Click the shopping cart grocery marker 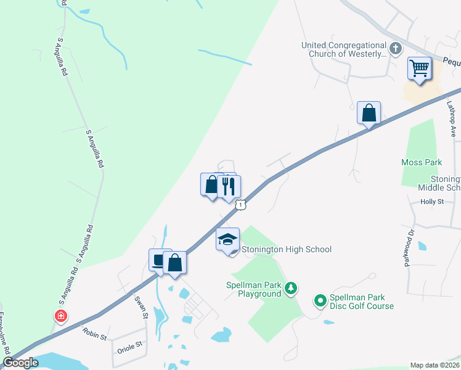click(x=420, y=68)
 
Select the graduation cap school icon click(x=227, y=239)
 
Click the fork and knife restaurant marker click(x=229, y=187)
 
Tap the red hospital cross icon click(x=61, y=317)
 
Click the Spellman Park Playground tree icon click(x=292, y=288)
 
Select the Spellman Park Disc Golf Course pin click(x=320, y=301)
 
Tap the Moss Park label click(x=422, y=162)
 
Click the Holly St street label click(x=432, y=202)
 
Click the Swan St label click(x=142, y=306)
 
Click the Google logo click(x=20, y=363)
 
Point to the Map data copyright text click(x=435, y=365)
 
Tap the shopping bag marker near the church click(x=369, y=114)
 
